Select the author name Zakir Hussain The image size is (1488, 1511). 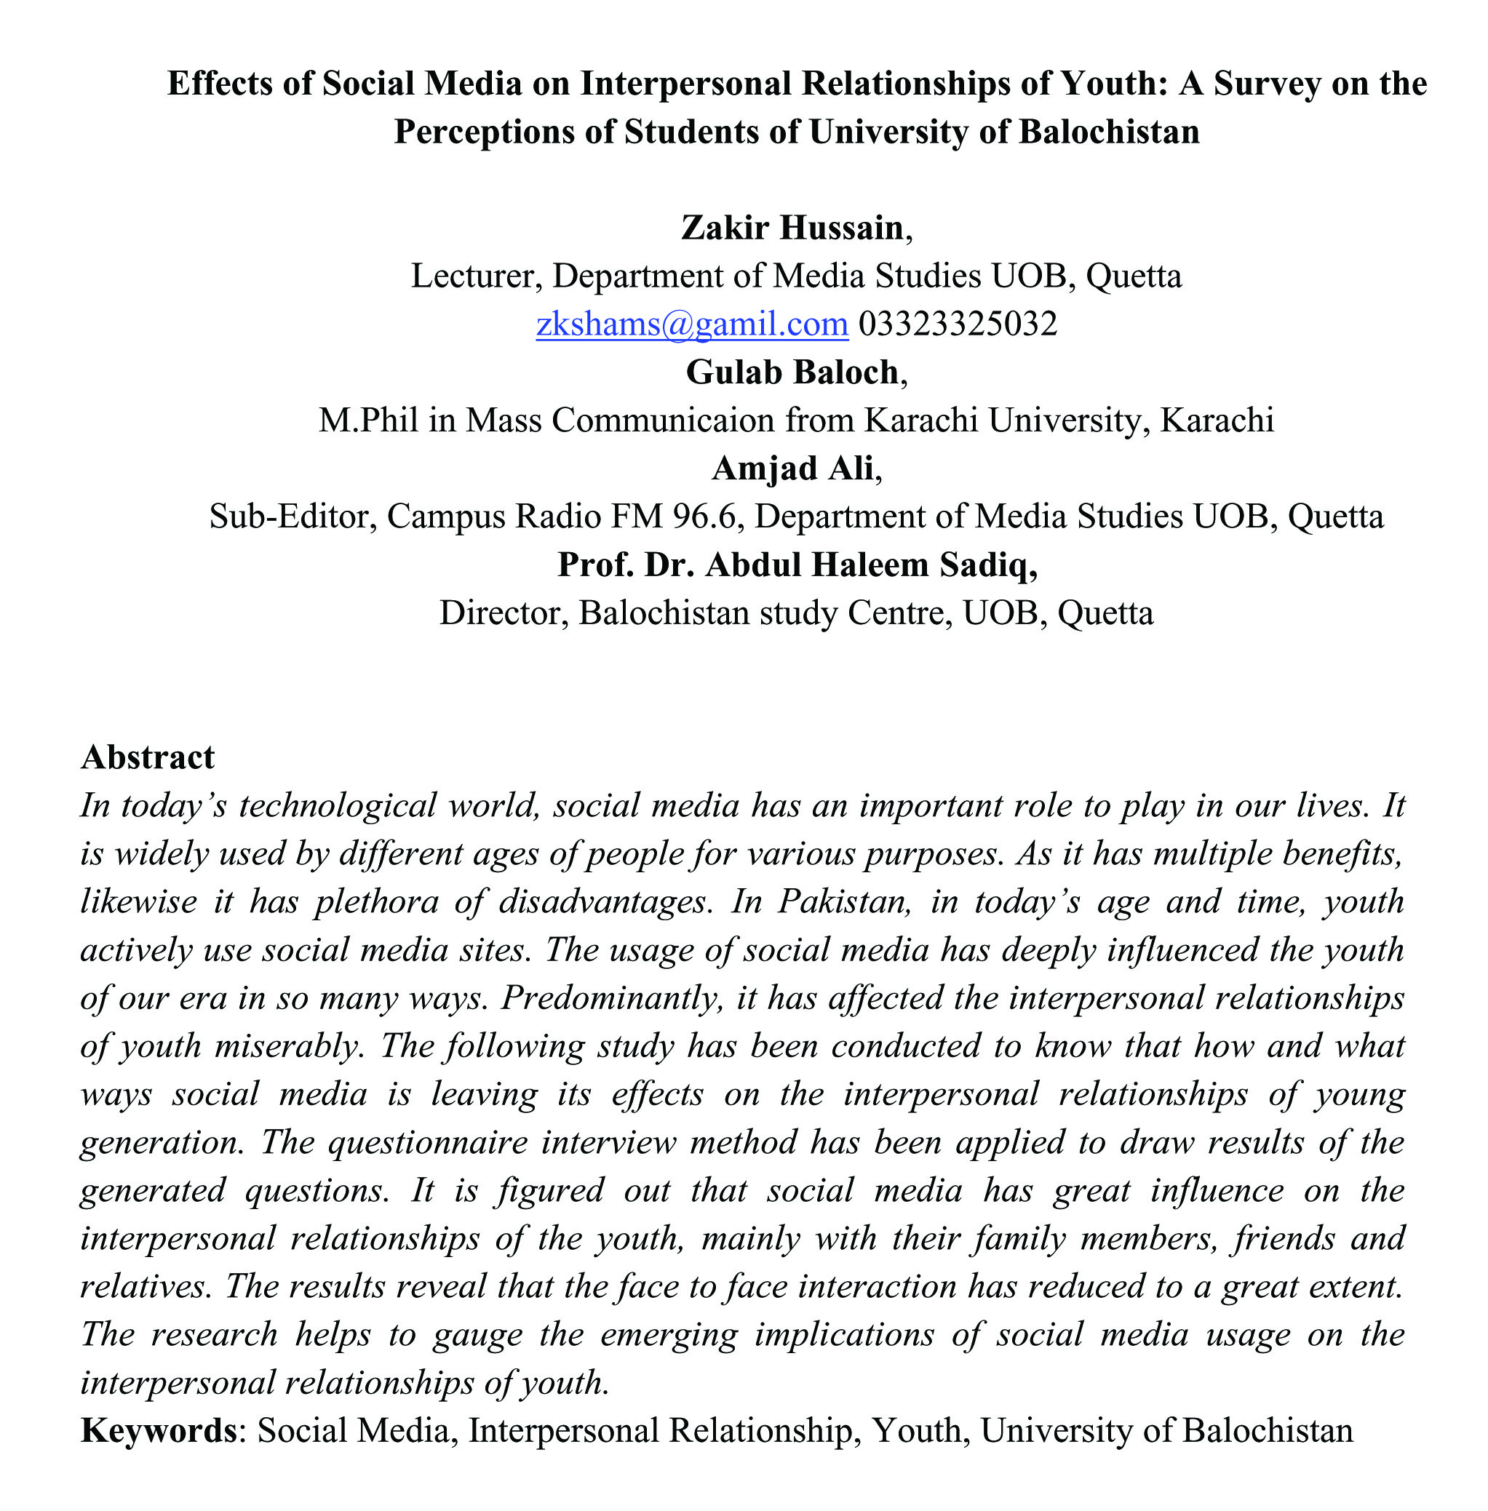(792, 228)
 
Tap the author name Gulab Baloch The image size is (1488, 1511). (792, 372)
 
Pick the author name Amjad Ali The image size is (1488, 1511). (792, 468)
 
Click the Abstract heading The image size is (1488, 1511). (148, 757)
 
